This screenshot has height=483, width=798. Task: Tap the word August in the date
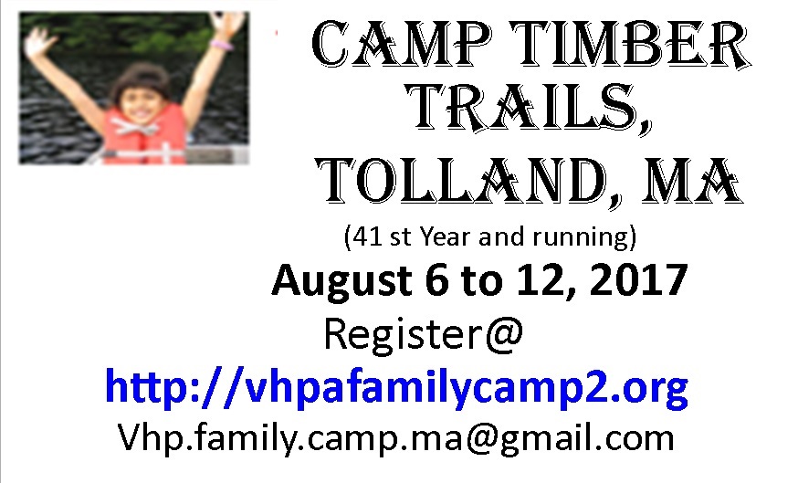point(342,282)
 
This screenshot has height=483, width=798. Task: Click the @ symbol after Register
point(504,335)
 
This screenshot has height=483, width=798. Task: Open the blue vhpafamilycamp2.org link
point(397,388)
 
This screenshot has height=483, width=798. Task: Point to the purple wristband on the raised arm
point(222,45)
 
